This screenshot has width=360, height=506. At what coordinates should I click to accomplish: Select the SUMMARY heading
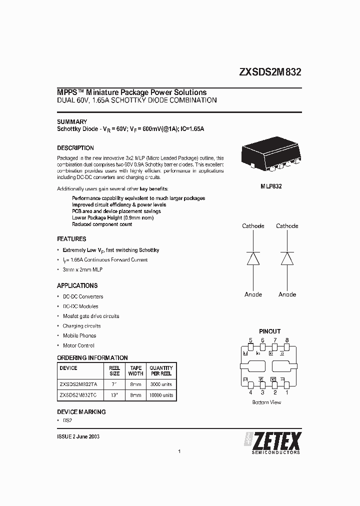(72, 121)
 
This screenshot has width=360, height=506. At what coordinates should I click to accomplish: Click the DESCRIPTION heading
(75, 148)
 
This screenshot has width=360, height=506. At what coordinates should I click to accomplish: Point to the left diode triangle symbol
(253, 258)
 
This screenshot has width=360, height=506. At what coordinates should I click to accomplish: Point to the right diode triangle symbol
(287, 258)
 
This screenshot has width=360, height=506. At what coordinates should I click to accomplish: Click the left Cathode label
(253, 226)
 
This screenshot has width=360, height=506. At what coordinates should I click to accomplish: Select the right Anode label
(287, 294)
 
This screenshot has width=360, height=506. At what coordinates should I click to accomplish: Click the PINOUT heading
(269, 331)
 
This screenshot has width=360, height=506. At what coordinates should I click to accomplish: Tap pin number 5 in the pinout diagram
(250, 340)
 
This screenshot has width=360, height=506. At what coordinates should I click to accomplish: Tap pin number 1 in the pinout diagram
(287, 392)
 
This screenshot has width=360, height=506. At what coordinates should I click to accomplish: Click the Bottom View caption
(267, 402)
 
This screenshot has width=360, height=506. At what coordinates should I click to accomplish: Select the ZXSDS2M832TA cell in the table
(78, 384)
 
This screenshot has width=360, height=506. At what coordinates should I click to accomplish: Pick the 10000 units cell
(161, 395)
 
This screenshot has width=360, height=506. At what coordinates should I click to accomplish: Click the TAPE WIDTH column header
(135, 370)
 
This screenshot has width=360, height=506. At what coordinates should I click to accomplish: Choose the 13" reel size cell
(114, 395)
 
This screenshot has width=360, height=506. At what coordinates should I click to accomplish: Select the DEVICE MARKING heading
(81, 412)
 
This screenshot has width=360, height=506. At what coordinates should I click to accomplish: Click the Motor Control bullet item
(78, 345)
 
